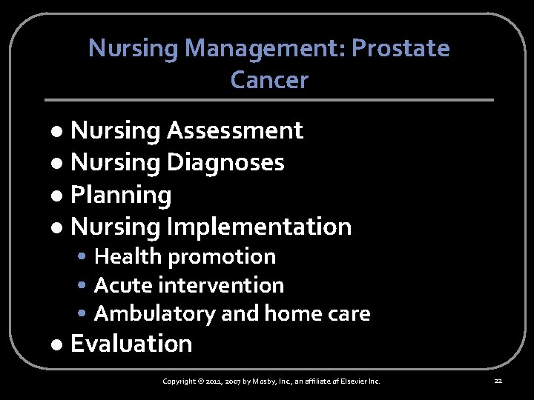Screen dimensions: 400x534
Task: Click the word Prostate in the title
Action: pos(400,48)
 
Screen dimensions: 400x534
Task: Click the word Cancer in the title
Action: pos(269,79)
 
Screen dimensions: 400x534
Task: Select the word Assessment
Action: pos(234,130)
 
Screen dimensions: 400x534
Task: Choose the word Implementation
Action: pos(259,226)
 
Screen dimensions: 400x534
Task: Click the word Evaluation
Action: pos(131,344)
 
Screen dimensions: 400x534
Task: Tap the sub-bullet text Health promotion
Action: pos(185,256)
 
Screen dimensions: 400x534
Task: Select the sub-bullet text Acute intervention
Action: pos(189,284)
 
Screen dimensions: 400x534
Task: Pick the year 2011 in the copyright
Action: pos(212,381)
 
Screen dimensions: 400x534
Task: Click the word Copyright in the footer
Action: pos(179,381)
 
